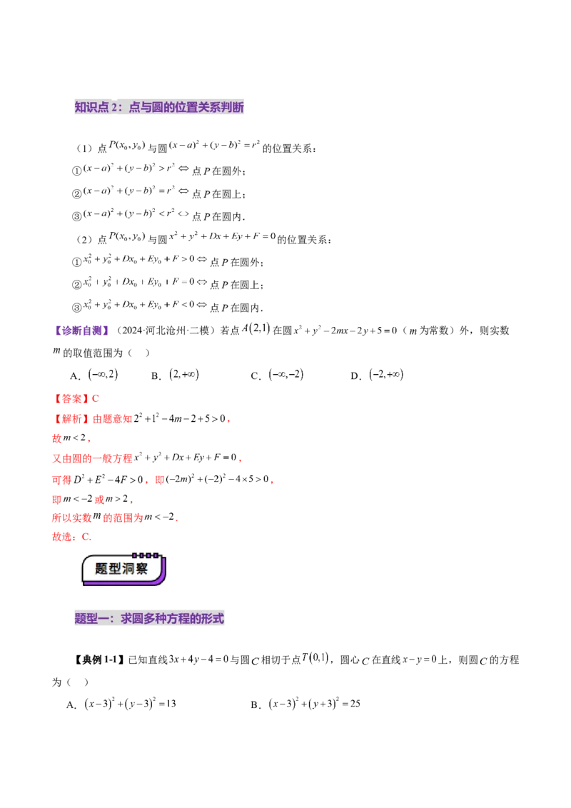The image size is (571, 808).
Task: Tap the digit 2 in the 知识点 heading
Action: coord(115,107)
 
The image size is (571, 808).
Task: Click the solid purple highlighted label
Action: coord(83,330)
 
